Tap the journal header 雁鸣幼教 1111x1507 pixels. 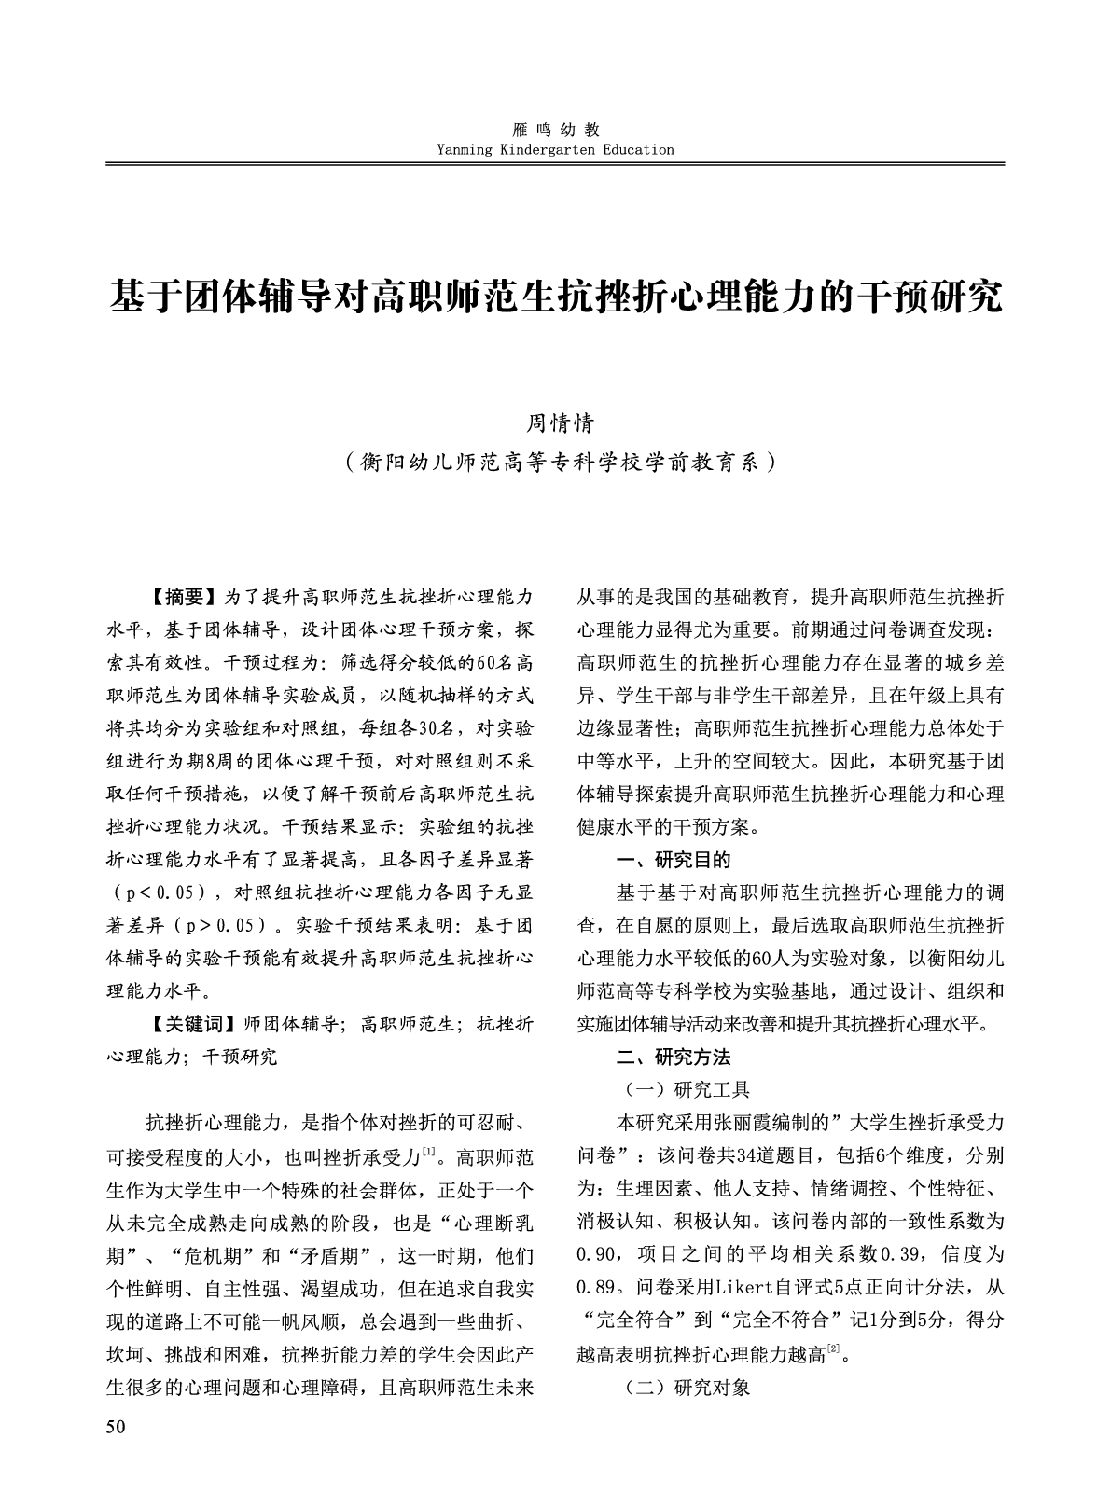pyautogui.click(x=556, y=130)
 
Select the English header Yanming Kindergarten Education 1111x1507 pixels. pyautogui.click(x=555, y=149)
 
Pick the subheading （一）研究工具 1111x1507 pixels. pyautogui.click(x=687, y=1089)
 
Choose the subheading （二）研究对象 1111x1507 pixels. pyautogui.click(x=687, y=1387)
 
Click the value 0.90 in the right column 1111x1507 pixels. pyautogui.click(x=597, y=1254)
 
